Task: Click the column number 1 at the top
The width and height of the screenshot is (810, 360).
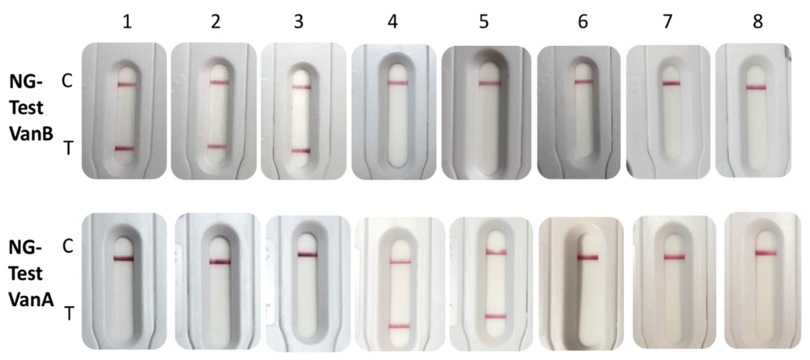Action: [x=127, y=22]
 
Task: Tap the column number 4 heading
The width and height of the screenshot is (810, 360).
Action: [x=392, y=22]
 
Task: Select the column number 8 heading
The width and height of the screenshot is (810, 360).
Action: [x=758, y=22]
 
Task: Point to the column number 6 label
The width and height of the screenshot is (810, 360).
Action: [x=583, y=22]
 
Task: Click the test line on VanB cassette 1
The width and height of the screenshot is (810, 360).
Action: [x=125, y=149]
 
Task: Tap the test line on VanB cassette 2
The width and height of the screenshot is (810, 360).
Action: [x=217, y=146]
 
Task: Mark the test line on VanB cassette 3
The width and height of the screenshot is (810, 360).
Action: [x=301, y=151]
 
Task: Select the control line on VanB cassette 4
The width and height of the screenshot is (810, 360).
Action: [x=398, y=83]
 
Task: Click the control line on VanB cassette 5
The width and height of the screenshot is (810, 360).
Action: [x=490, y=83]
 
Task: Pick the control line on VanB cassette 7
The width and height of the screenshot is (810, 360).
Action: [x=671, y=83]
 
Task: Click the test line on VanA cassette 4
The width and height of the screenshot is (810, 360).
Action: [x=400, y=326]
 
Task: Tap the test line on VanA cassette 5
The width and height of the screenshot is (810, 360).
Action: [x=496, y=316]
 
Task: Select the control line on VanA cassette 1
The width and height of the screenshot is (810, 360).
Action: [x=124, y=259]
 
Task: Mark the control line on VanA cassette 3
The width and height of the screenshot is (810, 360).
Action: [x=308, y=254]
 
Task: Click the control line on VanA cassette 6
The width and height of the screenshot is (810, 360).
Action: [x=588, y=258]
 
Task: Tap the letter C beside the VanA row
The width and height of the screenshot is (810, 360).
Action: [x=68, y=246]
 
